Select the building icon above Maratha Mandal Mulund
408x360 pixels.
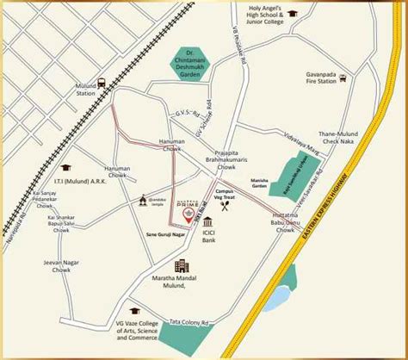coord(182,267)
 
